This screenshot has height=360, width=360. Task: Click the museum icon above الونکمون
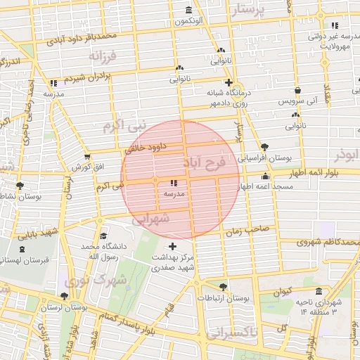tap(188, 10)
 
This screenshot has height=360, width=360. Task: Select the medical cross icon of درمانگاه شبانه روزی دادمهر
tap(228, 82)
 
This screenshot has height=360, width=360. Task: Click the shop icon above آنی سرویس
tap(298, 91)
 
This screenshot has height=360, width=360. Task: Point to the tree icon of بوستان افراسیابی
tap(264, 147)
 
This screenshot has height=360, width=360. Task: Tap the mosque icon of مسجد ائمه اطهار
tap(265, 176)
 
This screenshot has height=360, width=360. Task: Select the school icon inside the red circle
tap(174, 183)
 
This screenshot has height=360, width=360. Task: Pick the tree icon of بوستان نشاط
tap(20, 186)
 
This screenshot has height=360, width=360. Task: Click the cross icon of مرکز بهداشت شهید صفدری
tap(174, 246)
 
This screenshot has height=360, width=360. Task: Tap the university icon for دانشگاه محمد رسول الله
tap(103, 236)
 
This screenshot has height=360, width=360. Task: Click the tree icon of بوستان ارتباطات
tap(224, 287)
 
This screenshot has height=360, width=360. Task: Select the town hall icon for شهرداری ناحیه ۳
tap(319, 292)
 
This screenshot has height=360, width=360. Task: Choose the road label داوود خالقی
tap(144, 148)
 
